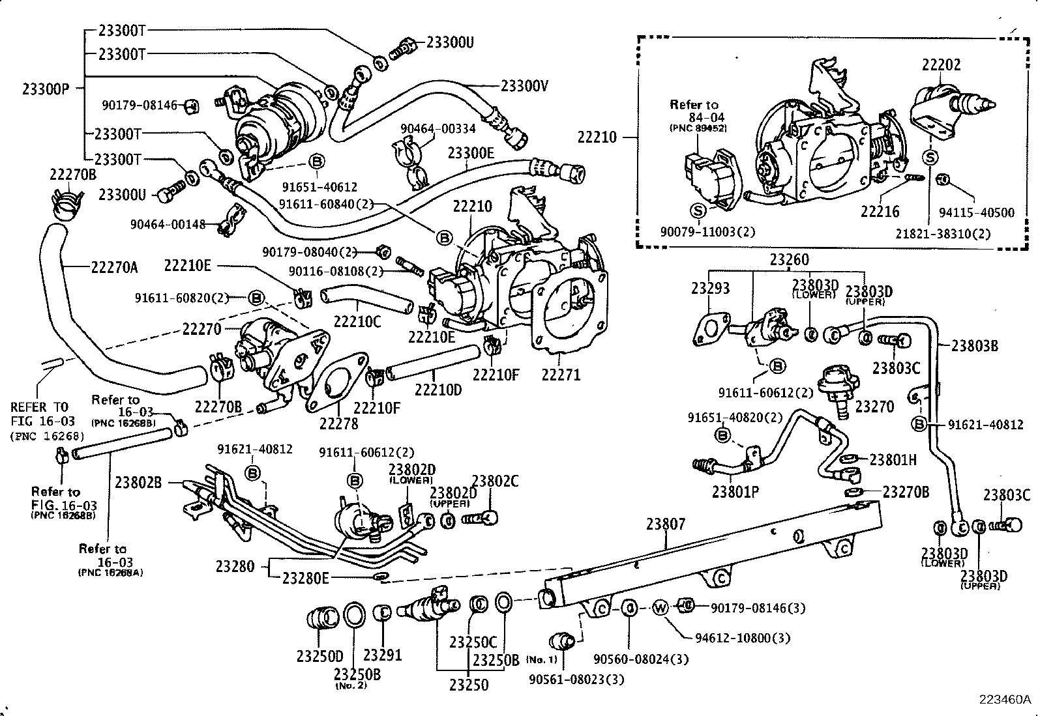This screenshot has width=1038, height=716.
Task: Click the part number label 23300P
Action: click(x=45, y=89)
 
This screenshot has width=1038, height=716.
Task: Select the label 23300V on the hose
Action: click(x=525, y=85)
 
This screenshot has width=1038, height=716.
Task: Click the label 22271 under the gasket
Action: click(x=561, y=375)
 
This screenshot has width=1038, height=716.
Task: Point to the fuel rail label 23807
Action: click(x=666, y=523)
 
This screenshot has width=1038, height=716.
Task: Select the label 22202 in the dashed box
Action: click(x=941, y=64)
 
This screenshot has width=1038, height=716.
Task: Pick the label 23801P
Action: click(x=735, y=492)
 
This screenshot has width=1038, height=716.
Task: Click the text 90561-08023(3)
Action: click(x=576, y=680)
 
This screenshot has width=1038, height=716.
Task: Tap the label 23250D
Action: click(x=319, y=656)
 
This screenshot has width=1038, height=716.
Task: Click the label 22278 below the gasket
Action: click(x=338, y=423)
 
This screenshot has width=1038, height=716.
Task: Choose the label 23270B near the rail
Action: click(x=906, y=491)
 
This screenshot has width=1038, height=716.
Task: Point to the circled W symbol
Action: click(x=660, y=608)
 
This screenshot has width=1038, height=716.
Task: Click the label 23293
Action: click(x=711, y=288)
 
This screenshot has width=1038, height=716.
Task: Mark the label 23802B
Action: click(x=138, y=482)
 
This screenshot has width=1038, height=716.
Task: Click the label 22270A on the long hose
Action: click(x=114, y=266)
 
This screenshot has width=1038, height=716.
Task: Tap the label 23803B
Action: click(x=975, y=345)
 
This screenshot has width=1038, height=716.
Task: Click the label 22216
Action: click(x=880, y=211)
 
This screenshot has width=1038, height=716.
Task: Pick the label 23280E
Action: click(x=306, y=577)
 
